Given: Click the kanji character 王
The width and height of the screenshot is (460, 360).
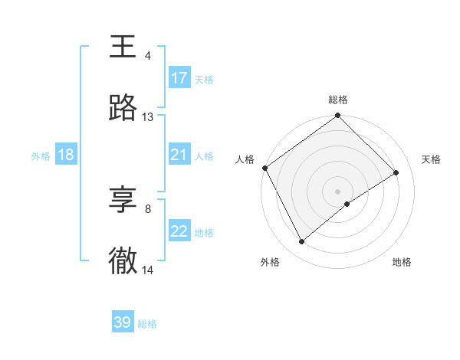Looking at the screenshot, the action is click(123, 47).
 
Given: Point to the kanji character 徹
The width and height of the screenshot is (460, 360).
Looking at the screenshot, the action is click(123, 261).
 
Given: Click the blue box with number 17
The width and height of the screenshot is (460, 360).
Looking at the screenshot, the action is click(179, 78).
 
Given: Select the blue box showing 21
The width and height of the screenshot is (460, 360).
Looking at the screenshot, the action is click(179, 155).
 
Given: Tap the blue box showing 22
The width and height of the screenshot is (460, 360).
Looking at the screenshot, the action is click(179, 231).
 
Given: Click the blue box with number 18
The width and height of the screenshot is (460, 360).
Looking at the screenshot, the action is click(66, 155).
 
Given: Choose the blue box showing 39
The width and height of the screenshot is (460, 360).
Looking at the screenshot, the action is click(123, 322).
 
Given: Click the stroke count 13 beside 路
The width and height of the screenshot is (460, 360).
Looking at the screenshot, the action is click(148, 117).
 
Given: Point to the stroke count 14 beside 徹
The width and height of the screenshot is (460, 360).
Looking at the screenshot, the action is click(148, 270).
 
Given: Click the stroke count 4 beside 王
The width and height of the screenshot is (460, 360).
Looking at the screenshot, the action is click(148, 56).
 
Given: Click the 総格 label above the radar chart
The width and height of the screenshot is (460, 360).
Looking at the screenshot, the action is click(338, 100).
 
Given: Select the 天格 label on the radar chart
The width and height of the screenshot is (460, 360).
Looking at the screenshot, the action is click(432, 159).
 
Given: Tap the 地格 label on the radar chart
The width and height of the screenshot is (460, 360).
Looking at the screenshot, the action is click(402, 262).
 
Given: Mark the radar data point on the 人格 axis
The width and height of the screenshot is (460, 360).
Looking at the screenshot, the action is click(264, 168).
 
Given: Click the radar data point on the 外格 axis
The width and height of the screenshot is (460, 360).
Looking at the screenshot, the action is click(302, 242).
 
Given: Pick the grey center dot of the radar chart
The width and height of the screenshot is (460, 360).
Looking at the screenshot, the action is click(338, 191).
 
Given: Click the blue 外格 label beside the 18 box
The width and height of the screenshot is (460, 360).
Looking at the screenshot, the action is click(41, 155).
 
